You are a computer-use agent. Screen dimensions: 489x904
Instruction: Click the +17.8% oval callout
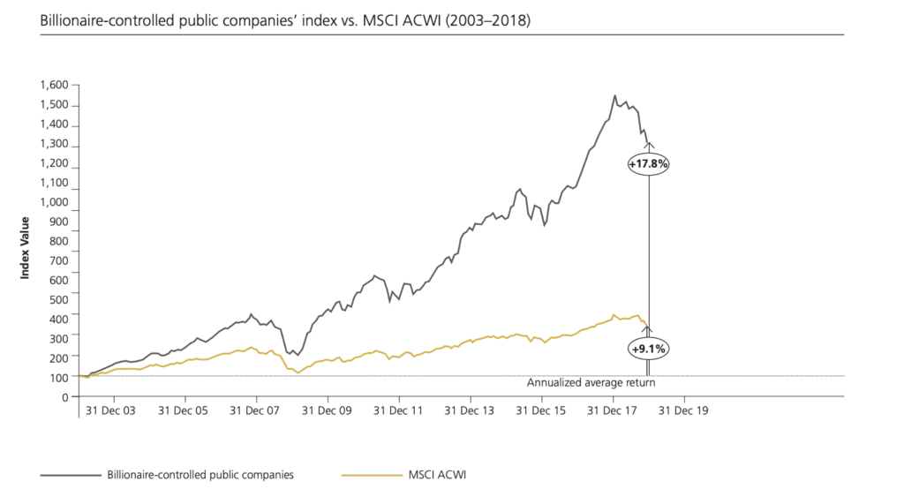coord(649,163)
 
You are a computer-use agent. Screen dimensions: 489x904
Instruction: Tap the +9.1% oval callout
coord(649,349)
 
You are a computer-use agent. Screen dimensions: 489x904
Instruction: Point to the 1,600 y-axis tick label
coord(53,86)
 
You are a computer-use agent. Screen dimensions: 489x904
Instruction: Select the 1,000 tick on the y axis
coord(53,202)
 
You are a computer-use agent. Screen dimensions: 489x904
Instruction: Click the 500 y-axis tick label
coord(58,299)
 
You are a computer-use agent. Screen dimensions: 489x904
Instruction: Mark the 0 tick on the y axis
coord(64,396)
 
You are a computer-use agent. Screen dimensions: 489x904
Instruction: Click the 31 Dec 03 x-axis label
coord(111,411)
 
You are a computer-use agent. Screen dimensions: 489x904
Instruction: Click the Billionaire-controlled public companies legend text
coord(200,475)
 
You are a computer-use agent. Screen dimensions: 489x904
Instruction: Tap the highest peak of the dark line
coord(614,95)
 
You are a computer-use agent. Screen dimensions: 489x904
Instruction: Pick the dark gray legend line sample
coord(70,475)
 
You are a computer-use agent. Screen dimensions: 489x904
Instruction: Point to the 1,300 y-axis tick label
coord(53,144)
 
